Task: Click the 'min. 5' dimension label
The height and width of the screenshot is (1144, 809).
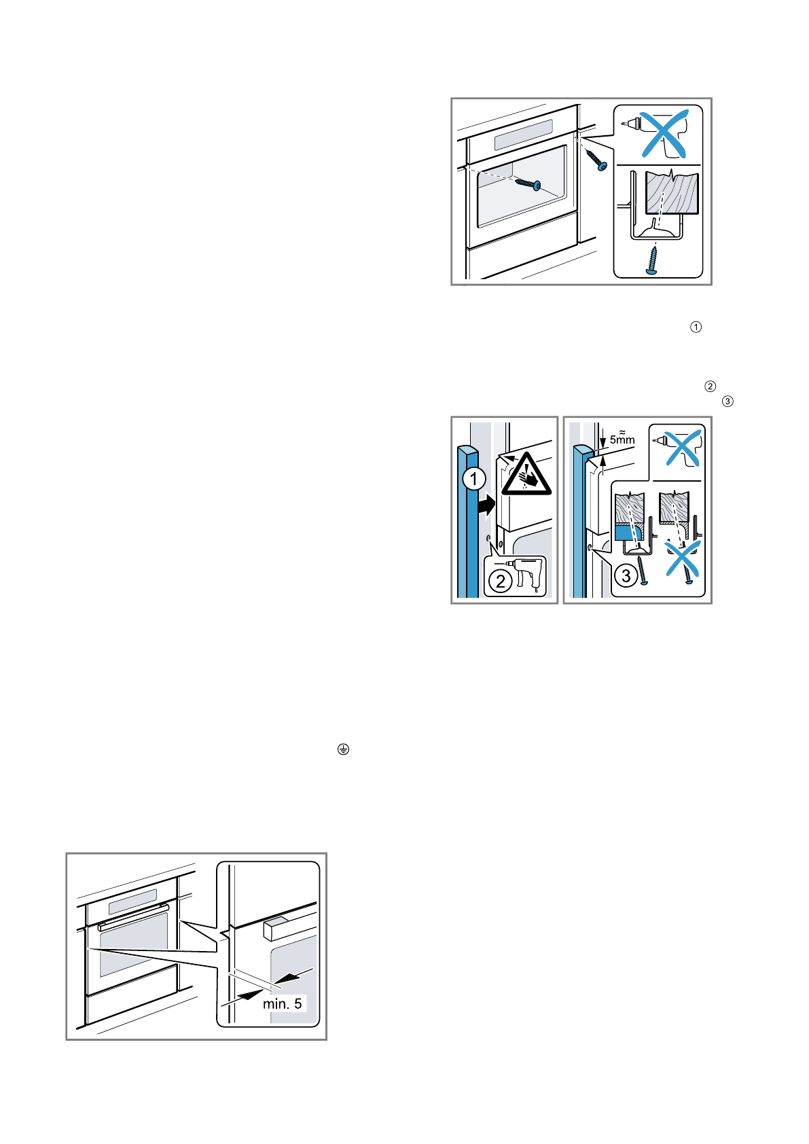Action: tap(282, 1003)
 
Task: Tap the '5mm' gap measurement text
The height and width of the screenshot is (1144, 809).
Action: tap(622, 440)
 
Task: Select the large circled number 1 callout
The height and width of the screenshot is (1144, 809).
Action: tap(473, 478)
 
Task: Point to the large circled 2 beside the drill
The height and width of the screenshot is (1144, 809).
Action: tap(501, 581)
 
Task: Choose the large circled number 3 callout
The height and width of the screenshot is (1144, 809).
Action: tap(626, 576)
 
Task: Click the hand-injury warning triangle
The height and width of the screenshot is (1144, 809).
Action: tap(526, 475)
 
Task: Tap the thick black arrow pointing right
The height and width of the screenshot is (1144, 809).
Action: tap(486, 506)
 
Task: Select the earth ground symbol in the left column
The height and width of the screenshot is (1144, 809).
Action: tap(343, 749)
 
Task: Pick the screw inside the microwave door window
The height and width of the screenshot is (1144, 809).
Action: tap(528, 183)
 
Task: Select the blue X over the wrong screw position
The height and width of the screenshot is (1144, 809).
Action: tap(682, 558)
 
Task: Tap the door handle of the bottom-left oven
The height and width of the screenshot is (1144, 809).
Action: tap(132, 916)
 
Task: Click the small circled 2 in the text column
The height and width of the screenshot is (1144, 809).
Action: tap(710, 387)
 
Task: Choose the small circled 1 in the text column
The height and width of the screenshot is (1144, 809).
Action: tap(696, 327)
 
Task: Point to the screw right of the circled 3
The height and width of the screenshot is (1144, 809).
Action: tap(643, 572)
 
